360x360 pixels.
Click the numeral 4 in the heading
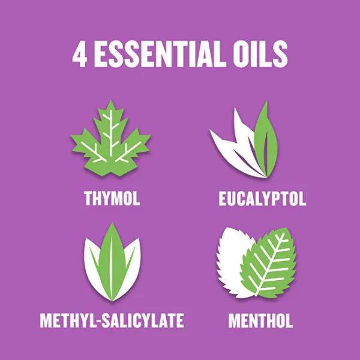(80, 55)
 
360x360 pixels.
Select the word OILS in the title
(260, 55)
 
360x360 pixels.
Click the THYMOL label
(112, 199)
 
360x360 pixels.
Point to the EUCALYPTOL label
(262, 199)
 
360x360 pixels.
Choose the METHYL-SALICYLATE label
(112, 320)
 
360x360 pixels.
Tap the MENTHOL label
(260, 320)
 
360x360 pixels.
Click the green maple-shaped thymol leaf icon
(111, 140)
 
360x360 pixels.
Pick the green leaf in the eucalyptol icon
(266, 140)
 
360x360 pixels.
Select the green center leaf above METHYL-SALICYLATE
(112, 262)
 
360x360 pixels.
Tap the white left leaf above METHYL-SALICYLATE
(94, 266)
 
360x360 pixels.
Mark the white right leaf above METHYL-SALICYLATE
(130, 266)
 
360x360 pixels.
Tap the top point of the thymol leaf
(111, 100)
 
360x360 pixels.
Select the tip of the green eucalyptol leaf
(267, 101)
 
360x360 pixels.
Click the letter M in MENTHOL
(235, 320)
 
